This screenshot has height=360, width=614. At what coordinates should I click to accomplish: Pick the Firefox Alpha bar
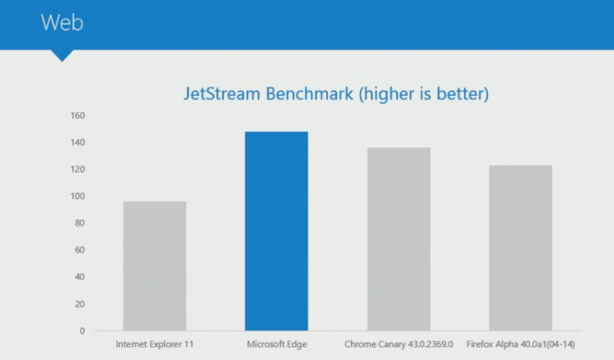pyautogui.click(x=520, y=248)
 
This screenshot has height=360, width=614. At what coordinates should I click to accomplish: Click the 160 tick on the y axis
pyautogui.click(x=78, y=116)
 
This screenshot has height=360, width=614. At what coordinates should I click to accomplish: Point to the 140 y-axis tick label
pyautogui.click(x=78, y=143)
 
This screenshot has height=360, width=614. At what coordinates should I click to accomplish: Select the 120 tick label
pyautogui.click(x=78, y=169)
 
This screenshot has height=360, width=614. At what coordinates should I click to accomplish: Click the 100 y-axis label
pyautogui.click(x=78, y=197)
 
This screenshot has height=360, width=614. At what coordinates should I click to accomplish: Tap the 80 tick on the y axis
pyautogui.click(x=79, y=223)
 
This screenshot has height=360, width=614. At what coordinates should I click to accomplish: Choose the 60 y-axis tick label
pyautogui.click(x=79, y=250)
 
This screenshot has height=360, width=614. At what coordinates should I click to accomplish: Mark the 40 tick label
pyautogui.click(x=79, y=277)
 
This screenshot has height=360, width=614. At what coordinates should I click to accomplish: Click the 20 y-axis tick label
pyautogui.click(x=79, y=304)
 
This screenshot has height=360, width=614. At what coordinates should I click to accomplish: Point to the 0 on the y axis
pyautogui.click(x=82, y=331)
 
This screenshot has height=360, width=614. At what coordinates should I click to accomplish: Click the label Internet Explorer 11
pyautogui.click(x=155, y=344)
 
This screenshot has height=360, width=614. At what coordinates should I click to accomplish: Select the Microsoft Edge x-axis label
pyautogui.click(x=276, y=344)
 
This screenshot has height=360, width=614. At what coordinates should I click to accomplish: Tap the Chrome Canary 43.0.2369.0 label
pyautogui.click(x=398, y=344)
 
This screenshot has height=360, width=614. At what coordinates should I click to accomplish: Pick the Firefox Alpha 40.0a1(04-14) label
pyautogui.click(x=520, y=344)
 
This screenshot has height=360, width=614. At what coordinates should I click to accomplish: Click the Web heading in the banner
pyautogui.click(x=62, y=23)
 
